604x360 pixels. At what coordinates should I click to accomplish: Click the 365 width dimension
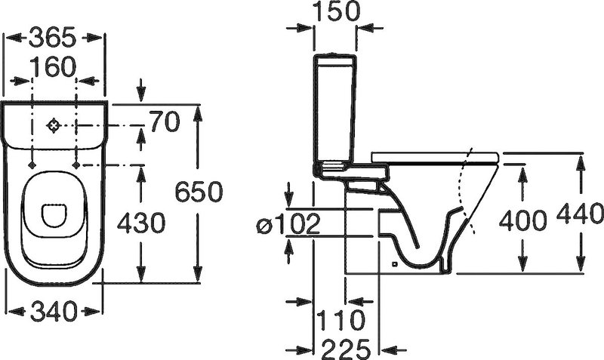(x=52, y=38)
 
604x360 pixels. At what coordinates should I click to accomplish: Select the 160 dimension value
(x=53, y=67)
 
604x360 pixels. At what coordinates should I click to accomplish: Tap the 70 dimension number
(x=165, y=122)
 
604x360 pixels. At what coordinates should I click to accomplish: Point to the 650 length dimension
(x=199, y=192)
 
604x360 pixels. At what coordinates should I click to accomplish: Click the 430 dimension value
(x=141, y=223)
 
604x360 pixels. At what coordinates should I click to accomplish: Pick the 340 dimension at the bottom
(x=54, y=311)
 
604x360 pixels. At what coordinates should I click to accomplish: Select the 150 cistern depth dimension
(x=335, y=11)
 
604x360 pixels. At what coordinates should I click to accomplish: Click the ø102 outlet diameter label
(x=288, y=223)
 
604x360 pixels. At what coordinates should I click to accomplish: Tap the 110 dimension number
(x=341, y=319)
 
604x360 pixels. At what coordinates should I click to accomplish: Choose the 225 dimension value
(x=347, y=349)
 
